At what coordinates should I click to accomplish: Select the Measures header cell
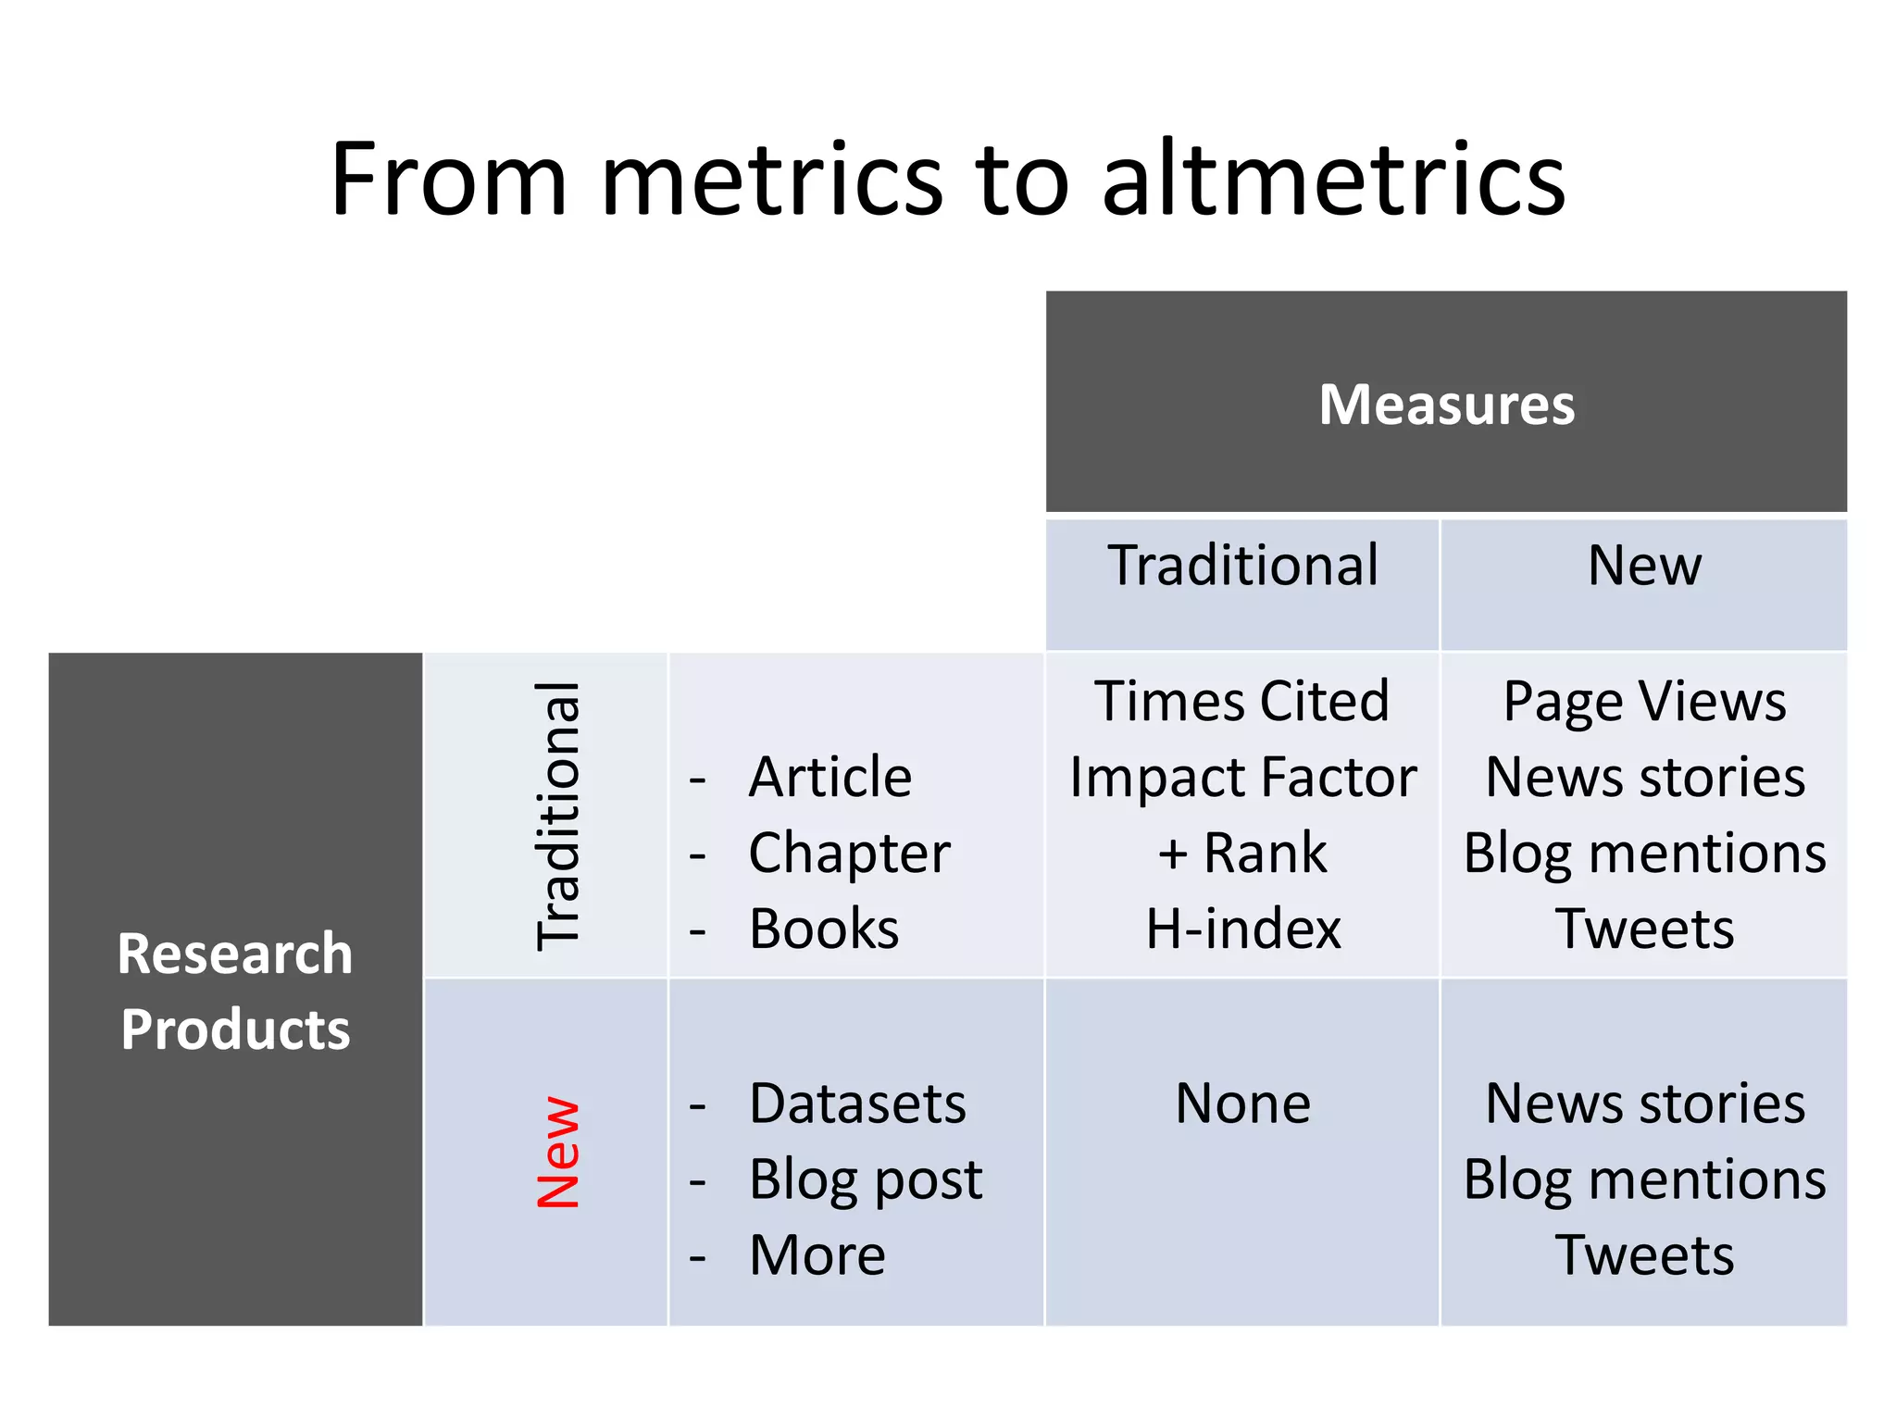point(1446,404)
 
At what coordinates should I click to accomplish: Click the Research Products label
point(235,991)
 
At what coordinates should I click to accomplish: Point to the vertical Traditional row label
point(558,816)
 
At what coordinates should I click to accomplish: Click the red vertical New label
point(558,1152)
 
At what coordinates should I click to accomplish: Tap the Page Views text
point(1644,701)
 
